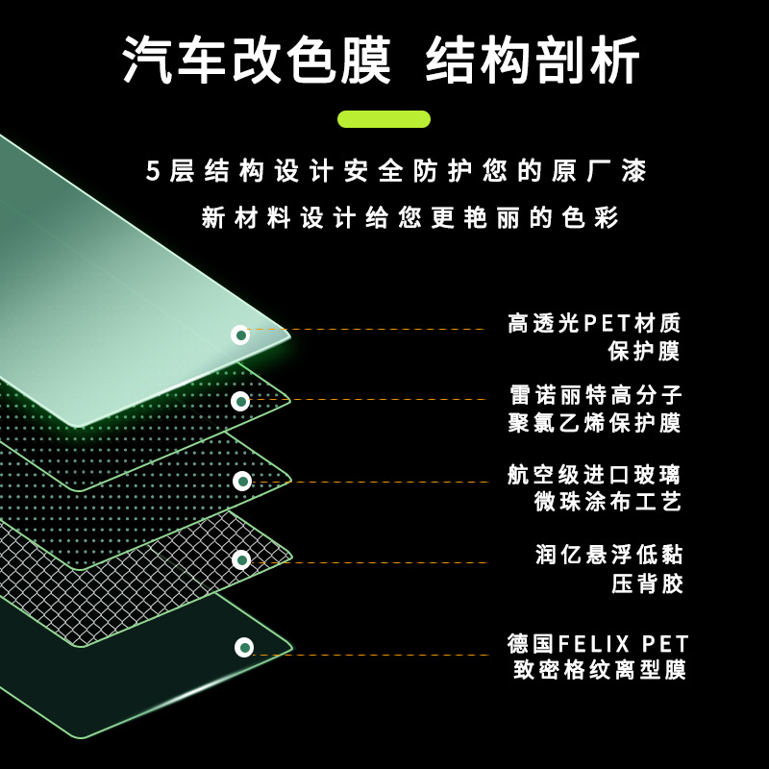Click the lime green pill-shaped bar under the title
pyautogui.click(x=384, y=119)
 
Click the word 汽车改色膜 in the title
pyautogui.click(x=257, y=62)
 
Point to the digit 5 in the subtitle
pyautogui.click(x=153, y=172)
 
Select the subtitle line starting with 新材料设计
pyautogui.click(x=410, y=217)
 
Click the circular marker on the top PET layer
pyautogui.click(x=240, y=335)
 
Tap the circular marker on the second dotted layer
pyautogui.click(x=240, y=401)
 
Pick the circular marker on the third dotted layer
pyautogui.click(x=242, y=481)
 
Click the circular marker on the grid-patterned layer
pyautogui.click(x=241, y=559)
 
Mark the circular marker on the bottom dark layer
pyautogui.click(x=244, y=647)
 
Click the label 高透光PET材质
pyautogui.click(x=594, y=324)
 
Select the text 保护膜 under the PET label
pyautogui.click(x=644, y=351)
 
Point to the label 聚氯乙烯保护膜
pyautogui.click(x=594, y=423)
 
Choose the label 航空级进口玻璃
pyautogui.click(x=594, y=474)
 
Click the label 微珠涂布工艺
pyautogui.click(x=608, y=501)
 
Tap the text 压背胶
pyautogui.click(x=647, y=583)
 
